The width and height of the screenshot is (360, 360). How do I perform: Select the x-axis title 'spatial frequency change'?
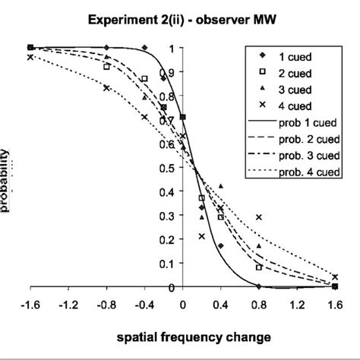pos(182,336)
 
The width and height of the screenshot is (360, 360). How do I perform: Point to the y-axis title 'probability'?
pos(6,179)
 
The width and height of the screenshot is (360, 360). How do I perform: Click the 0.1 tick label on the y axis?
pos(175,264)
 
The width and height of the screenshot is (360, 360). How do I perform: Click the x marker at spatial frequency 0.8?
pos(259,217)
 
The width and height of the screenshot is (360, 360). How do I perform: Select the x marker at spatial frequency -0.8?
pos(107,88)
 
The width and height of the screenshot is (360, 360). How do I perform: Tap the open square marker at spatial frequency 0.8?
pos(259,267)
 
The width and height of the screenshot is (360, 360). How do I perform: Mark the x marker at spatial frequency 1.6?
pos(335,277)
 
